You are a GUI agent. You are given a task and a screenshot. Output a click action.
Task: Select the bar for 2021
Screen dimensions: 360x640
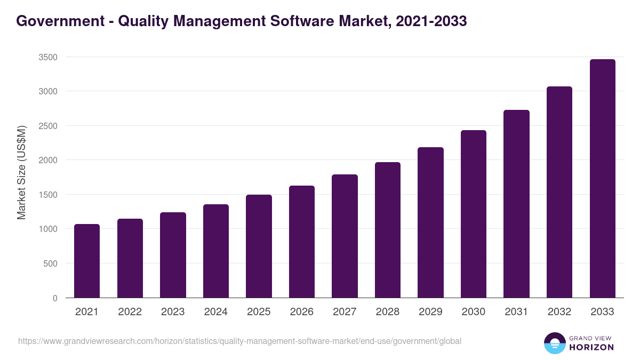pyautogui.click(x=87, y=261)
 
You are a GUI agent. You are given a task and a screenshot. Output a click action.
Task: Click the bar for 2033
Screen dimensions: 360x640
pyautogui.click(x=602, y=179)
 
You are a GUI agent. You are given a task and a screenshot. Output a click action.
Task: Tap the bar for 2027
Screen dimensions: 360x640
pyautogui.click(x=345, y=236)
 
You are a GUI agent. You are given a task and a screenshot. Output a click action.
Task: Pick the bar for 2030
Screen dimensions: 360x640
pyautogui.click(x=474, y=214)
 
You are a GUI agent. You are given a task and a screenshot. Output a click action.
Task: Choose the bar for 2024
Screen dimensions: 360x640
pyautogui.click(x=216, y=251)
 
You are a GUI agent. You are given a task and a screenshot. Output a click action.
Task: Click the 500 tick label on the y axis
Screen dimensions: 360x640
pyautogui.click(x=51, y=263)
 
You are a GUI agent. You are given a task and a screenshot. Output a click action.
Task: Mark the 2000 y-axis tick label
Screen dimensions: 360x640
pyautogui.click(x=48, y=160)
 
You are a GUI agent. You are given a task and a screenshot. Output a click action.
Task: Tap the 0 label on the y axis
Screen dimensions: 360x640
pyautogui.click(x=55, y=298)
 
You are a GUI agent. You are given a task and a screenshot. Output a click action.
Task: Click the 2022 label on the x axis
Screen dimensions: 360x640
pyautogui.click(x=130, y=312)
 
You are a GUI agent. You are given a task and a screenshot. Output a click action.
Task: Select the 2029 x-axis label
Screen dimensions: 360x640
pyautogui.click(x=430, y=312)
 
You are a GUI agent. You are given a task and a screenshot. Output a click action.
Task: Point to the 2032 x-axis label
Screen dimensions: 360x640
pyautogui.click(x=559, y=312)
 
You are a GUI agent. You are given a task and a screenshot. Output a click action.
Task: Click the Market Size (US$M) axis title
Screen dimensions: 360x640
pyautogui.click(x=21, y=172)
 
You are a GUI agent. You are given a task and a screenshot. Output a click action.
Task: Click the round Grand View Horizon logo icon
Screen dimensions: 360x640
pyautogui.click(x=555, y=343)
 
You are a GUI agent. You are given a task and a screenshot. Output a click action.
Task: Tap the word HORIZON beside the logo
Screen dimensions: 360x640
pyautogui.click(x=591, y=347)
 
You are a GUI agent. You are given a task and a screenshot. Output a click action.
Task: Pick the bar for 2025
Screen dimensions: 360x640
pyautogui.click(x=259, y=246)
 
